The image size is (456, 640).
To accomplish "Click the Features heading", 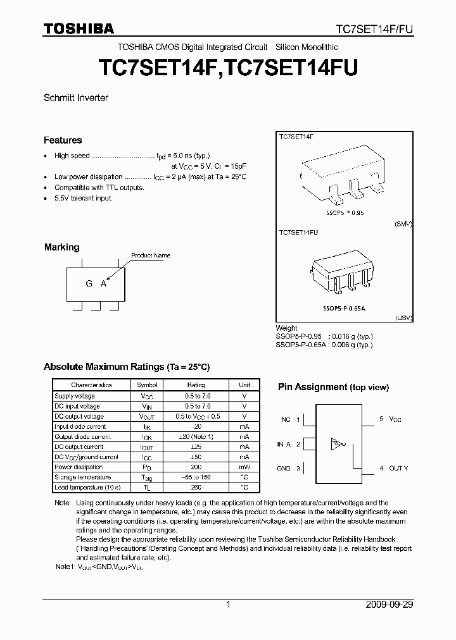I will (63, 140).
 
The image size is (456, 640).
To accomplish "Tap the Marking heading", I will (61, 247).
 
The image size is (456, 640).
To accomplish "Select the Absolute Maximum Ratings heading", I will (126, 367).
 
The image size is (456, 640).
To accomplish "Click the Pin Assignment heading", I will (333, 387).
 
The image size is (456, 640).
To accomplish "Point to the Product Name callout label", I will (151, 255).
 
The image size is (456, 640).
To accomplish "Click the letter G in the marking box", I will (89, 283).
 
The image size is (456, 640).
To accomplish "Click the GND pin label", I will (284, 468).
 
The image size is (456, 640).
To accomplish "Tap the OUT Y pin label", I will (398, 468).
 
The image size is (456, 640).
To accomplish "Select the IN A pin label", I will (284, 444).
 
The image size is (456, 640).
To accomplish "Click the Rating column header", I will (196, 385).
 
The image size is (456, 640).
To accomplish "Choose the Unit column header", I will (244, 385).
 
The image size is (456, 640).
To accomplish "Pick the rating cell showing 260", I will (196, 488).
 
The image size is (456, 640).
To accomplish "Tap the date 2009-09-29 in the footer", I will (389, 605).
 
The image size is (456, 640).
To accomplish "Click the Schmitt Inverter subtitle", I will (76, 98).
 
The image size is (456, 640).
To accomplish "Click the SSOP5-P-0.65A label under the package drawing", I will (344, 307).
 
